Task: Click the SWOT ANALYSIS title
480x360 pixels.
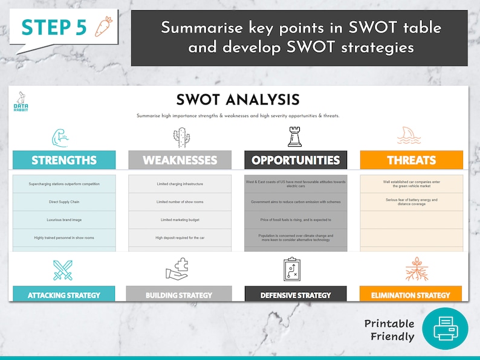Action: [238, 100]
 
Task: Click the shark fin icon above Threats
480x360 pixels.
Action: [409, 137]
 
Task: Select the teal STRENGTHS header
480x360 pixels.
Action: [64, 160]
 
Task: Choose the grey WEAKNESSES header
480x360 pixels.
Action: [180, 160]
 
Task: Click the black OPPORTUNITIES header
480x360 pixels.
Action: [296, 160]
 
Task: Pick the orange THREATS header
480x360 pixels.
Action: [411, 160]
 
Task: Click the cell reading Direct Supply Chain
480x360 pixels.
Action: [64, 202]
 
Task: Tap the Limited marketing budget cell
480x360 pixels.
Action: [180, 220]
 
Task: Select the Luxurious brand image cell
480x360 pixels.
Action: [64, 220]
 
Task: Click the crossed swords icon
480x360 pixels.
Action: [62, 269]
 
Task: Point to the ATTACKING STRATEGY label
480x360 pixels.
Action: [64, 295]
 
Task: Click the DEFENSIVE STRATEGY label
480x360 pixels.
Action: [296, 295]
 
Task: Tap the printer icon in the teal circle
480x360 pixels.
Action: [445, 328]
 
